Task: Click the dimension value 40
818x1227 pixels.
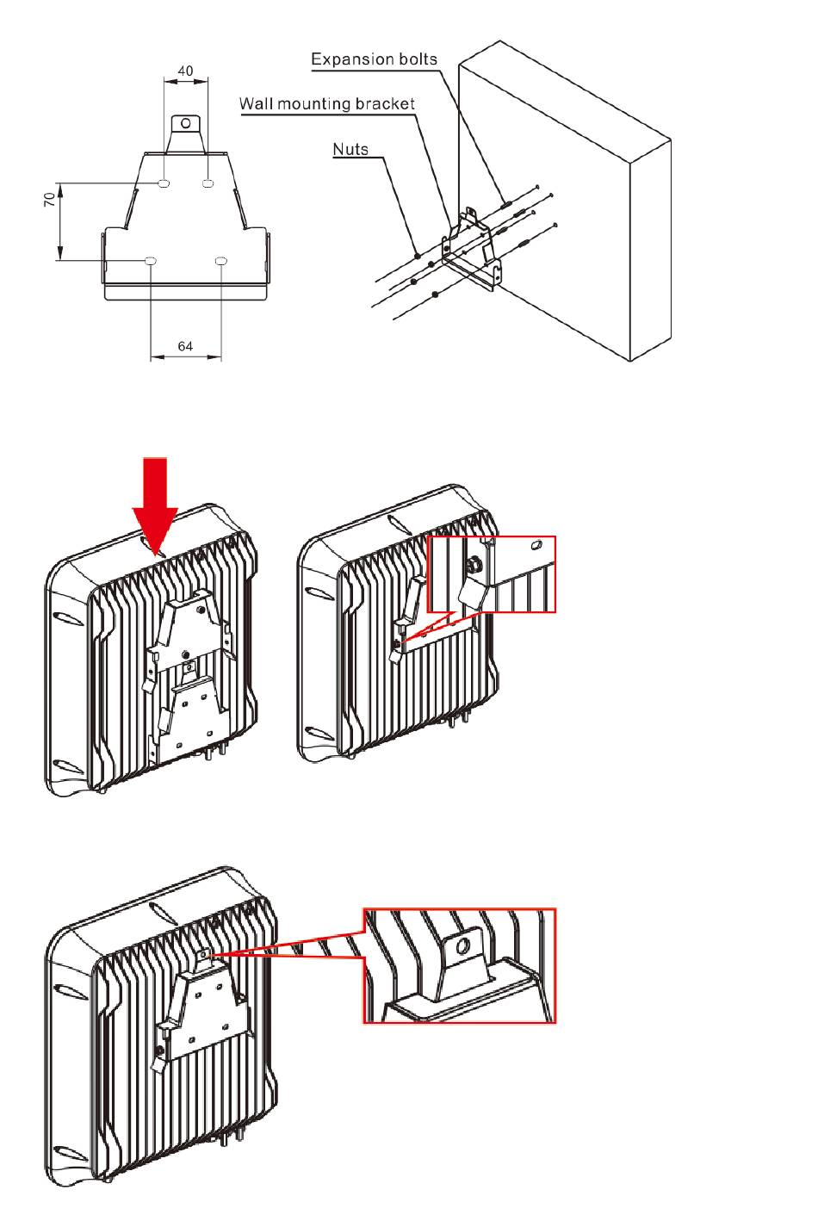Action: click(186, 71)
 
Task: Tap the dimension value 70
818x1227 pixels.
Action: click(51, 199)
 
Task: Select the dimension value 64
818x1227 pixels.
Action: click(186, 346)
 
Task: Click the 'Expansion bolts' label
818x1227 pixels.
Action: click(374, 59)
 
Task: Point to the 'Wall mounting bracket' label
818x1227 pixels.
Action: click(327, 104)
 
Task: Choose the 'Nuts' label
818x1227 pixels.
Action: click(350, 149)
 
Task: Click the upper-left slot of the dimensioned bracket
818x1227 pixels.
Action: click(165, 183)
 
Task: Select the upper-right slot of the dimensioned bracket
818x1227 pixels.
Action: click(208, 183)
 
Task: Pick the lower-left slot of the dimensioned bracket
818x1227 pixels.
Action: click(151, 260)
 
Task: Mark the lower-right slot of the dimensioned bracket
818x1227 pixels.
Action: click(221, 260)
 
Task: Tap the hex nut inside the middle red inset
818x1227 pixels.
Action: click(474, 567)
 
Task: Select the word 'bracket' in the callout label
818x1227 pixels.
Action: click(387, 104)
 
